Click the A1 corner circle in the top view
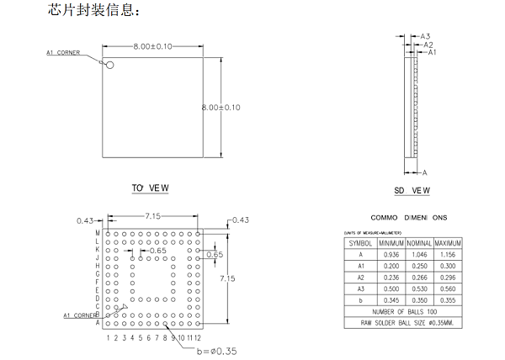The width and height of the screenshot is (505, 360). point(107,63)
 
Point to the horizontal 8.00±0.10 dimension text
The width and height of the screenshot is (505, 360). point(152,45)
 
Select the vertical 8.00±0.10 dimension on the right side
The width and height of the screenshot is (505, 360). point(221,108)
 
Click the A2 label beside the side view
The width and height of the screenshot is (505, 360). point(428,45)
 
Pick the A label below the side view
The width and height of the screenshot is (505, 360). point(425,172)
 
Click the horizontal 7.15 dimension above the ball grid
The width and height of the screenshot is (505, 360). point(152,217)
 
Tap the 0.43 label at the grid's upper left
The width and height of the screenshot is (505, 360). point(84,220)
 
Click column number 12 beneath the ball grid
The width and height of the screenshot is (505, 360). point(197,337)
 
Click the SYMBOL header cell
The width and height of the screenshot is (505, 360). point(360,243)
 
